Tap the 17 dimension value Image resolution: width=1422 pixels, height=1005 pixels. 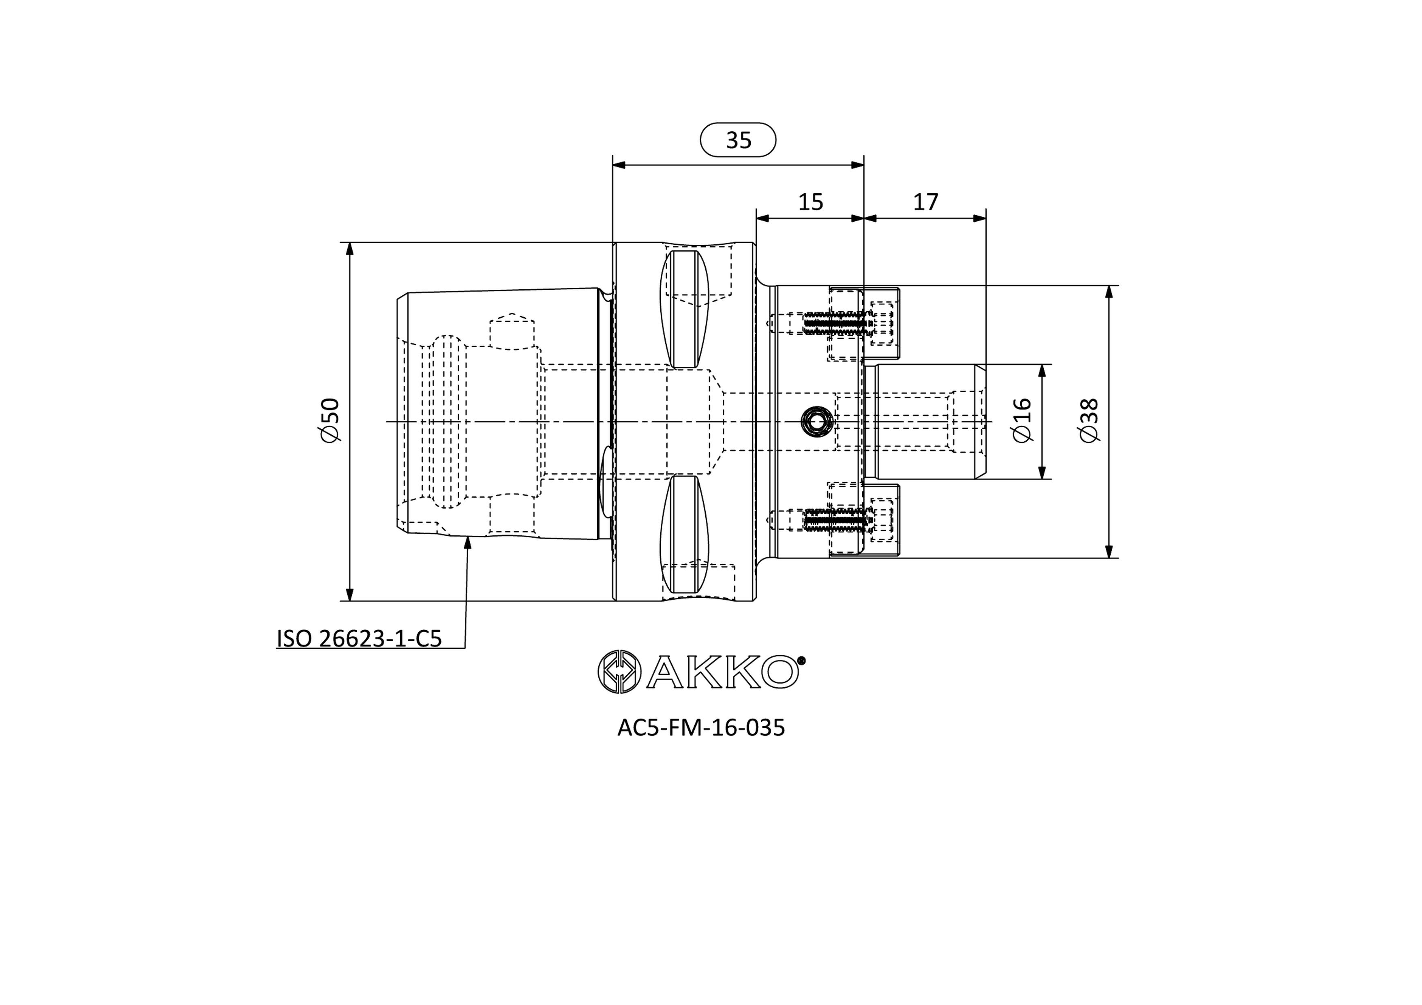[x=925, y=202]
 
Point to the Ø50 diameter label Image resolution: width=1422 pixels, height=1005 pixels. [x=330, y=421]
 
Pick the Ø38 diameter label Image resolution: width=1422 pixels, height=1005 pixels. [x=1088, y=421]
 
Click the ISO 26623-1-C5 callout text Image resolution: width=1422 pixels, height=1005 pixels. [x=359, y=638]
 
